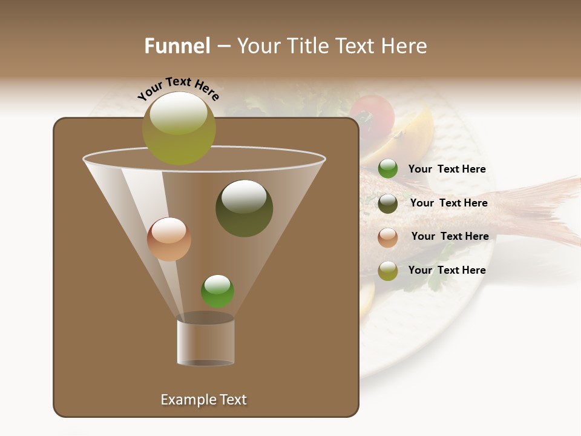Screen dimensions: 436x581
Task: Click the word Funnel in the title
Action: click(x=177, y=46)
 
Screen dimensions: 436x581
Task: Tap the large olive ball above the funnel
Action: click(x=179, y=128)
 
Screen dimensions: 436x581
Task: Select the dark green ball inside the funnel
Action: click(x=244, y=208)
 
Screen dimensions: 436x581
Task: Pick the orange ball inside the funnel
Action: click(x=169, y=239)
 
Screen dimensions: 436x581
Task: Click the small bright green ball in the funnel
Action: click(x=217, y=291)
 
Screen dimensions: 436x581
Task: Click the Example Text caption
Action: click(x=203, y=400)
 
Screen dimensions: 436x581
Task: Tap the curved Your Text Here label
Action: click(x=178, y=88)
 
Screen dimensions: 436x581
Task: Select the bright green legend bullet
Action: click(x=388, y=169)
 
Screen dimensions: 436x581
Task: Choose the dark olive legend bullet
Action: click(x=388, y=203)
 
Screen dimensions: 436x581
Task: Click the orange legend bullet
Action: click(x=388, y=237)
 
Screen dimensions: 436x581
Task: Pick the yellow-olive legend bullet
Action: click(x=388, y=271)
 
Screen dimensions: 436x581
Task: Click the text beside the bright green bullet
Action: click(x=447, y=169)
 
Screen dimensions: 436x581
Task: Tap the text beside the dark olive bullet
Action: click(x=448, y=203)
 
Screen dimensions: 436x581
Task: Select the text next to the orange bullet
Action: click(x=450, y=236)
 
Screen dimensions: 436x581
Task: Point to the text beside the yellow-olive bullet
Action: click(x=447, y=270)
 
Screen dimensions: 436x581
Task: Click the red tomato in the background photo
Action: click(x=372, y=112)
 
